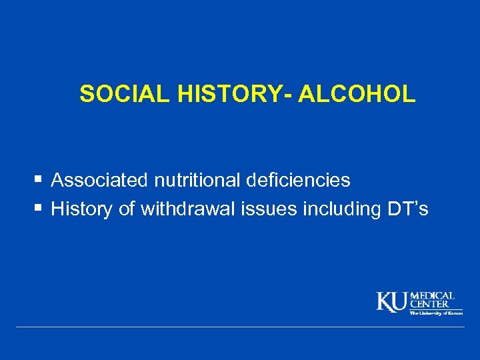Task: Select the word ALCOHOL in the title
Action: pyautogui.click(x=357, y=95)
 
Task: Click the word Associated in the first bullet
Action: pyautogui.click(x=100, y=180)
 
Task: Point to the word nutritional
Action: pyautogui.click(x=197, y=180)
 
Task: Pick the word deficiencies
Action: pyautogui.click(x=298, y=180)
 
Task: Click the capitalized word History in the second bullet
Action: pyautogui.click(x=83, y=209)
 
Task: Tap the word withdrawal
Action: pyautogui.click(x=193, y=209)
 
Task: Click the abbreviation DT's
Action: pyautogui.click(x=408, y=209)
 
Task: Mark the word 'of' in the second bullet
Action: pyautogui.click(x=127, y=209)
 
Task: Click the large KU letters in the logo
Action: pyautogui.click(x=393, y=302)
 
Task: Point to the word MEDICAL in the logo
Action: pyautogui.click(x=432, y=295)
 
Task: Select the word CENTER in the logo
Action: pyautogui.click(x=429, y=304)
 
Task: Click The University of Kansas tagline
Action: pyautogui.click(x=436, y=313)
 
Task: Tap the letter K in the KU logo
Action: pyautogui.click(x=385, y=302)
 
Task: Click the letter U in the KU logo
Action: pyautogui.click(x=400, y=302)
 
